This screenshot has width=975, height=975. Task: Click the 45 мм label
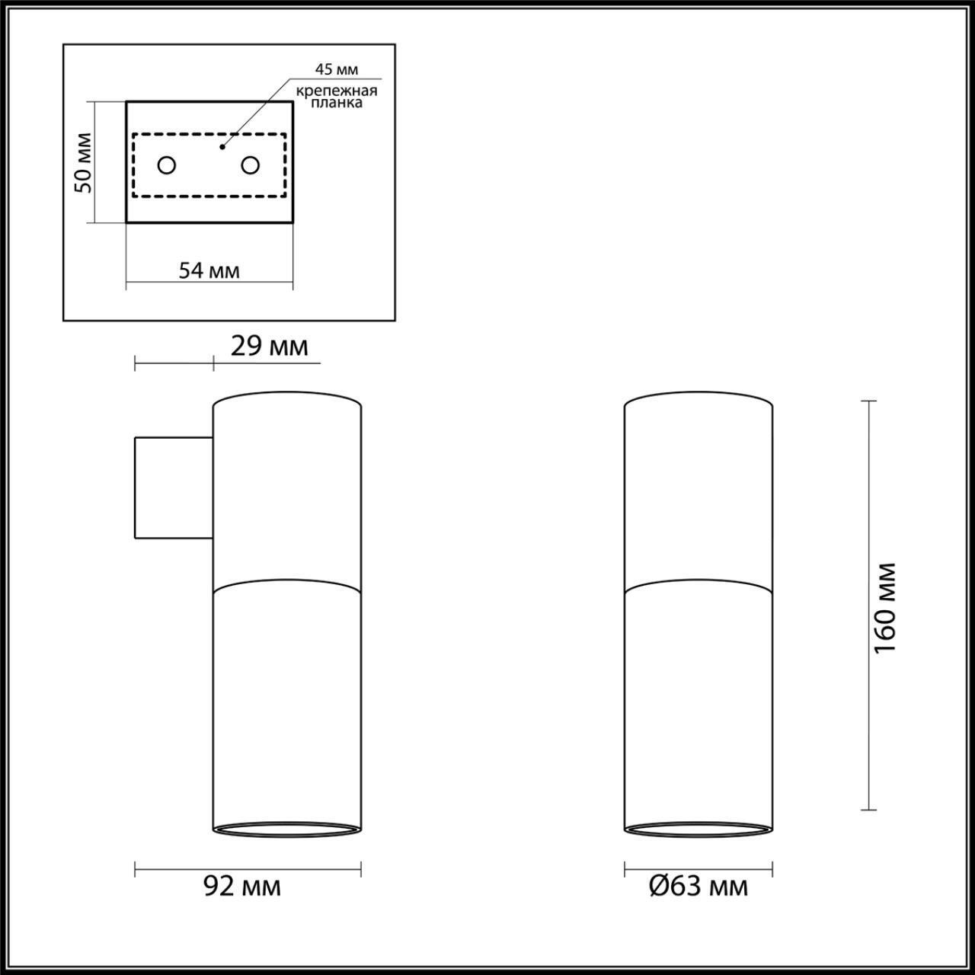336,69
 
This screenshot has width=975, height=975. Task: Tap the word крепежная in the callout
336,91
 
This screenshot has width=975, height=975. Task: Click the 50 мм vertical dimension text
84,162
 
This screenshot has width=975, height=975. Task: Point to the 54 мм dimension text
209,270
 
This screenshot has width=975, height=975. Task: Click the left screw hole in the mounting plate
166,165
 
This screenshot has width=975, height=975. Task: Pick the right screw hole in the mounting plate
250,165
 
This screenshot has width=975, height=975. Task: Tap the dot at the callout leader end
222,145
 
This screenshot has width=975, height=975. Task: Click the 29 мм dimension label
269,347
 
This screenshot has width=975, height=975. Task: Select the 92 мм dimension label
242,887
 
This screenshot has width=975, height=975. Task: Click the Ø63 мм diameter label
698,887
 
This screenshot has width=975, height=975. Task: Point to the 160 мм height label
885,608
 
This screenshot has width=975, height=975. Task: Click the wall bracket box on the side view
173,487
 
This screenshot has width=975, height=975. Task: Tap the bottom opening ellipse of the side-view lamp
286,828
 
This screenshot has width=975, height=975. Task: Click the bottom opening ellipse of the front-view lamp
698,828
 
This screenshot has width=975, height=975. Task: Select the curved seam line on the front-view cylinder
698,585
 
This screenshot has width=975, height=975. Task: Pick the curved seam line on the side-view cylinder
286,585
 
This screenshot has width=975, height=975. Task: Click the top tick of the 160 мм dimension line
868,401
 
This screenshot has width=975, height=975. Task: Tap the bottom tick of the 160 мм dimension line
868,810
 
